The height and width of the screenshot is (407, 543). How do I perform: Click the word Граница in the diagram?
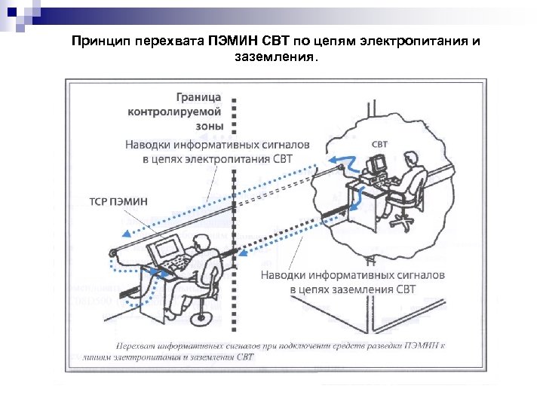coord(199,97)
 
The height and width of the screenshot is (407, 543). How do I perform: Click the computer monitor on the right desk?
coord(376,163)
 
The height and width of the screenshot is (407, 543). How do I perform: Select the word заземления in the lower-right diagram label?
coord(356,289)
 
